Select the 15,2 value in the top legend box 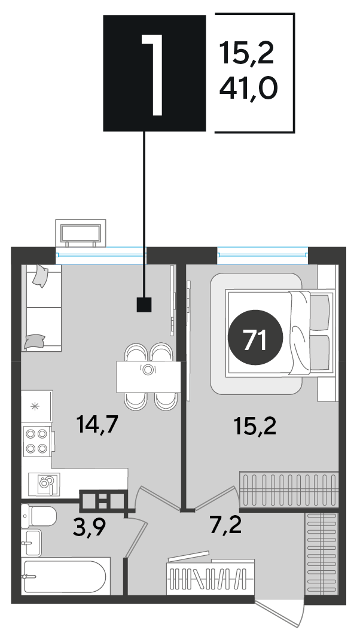coord(246,53)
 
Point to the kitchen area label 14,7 coord(97,424)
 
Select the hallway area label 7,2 coord(225,525)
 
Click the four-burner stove coord(37,442)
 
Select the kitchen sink coord(45,485)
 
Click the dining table coord(148,377)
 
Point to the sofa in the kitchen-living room coord(41,308)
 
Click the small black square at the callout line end coord(144,305)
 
